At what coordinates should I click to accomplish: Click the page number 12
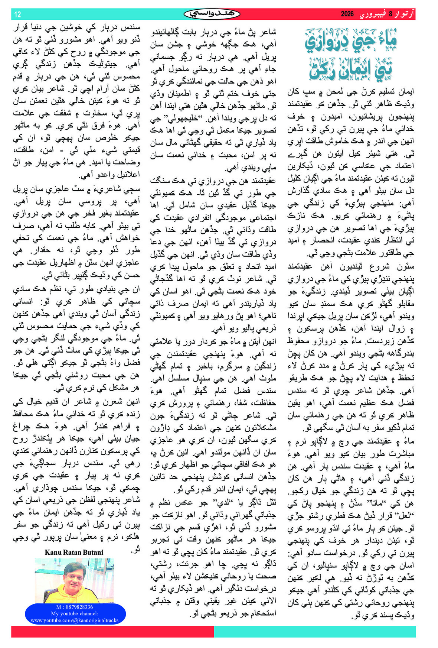point(17,14)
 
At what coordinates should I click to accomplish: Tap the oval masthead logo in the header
point(212,14)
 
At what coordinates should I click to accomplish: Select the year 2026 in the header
point(347,14)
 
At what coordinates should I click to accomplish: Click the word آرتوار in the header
point(405,14)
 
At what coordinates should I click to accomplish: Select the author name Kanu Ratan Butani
point(74,552)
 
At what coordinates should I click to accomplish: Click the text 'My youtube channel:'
point(74,613)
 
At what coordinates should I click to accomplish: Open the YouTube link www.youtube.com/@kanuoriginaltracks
point(74,620)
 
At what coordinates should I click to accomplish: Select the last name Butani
point(93,552)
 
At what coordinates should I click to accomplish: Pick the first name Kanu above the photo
point(53,552)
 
